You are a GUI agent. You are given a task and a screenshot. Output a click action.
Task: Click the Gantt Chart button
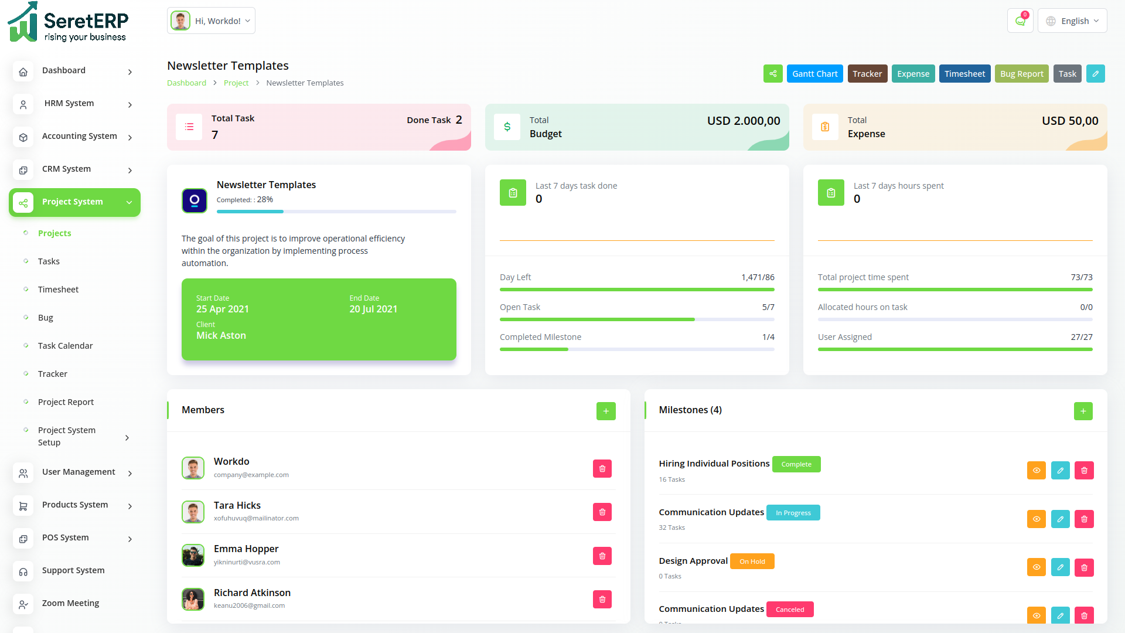814,74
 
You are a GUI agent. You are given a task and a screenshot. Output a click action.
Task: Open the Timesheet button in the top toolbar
964,74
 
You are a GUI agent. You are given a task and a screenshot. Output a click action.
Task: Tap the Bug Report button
1021,74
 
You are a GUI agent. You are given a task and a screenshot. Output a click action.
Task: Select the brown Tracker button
867,74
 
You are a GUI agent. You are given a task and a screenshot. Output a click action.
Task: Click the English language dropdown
1072,21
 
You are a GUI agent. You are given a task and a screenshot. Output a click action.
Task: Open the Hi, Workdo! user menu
211,21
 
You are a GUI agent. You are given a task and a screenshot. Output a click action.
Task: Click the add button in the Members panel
606,411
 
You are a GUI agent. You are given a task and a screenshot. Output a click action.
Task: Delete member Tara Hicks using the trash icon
602,512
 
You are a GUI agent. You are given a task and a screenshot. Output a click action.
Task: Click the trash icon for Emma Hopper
602,556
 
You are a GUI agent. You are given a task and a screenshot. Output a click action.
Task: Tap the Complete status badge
796,464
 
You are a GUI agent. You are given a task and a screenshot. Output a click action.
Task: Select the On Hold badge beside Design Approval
752,561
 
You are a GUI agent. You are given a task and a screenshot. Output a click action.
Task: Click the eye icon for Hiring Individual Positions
1036,470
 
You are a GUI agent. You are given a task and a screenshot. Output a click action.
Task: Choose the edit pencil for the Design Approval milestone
1060,567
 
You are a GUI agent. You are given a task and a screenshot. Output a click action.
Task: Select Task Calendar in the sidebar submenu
65,346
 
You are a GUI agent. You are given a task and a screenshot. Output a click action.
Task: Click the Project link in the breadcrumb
236,83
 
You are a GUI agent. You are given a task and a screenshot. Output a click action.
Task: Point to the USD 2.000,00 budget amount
744,121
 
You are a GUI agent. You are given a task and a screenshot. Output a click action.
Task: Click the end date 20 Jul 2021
373,309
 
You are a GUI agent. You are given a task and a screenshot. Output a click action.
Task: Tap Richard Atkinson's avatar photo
193,599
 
